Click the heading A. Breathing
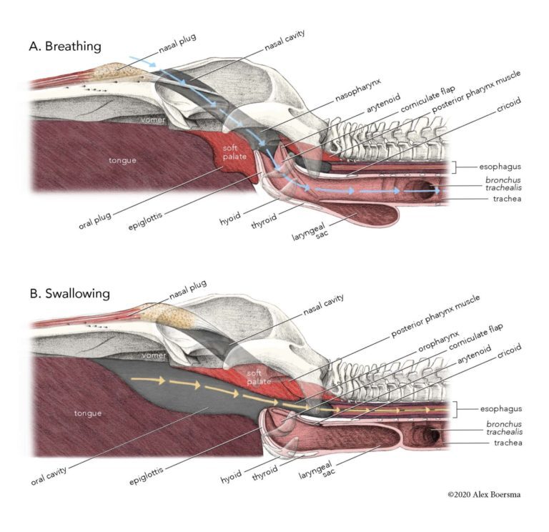click(x=64, y=46)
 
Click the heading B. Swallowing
click(x=70, y=294)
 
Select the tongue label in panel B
click(x=89, y=413)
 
